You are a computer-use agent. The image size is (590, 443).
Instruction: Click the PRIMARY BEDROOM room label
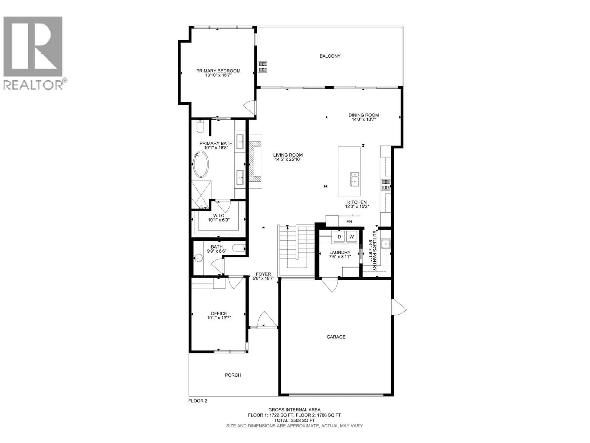[x=218, y=71]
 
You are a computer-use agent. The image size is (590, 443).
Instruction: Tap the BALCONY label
[x=330, y=56]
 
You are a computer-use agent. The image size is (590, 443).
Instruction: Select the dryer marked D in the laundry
[x=339, y=237]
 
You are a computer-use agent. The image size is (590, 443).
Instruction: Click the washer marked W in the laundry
[x=352, y=237]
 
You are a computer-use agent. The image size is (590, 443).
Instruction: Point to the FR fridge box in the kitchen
[x=349, y=221]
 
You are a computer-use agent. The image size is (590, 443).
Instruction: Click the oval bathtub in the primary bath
[x=201, y=164]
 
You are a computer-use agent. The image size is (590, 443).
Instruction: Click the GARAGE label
[x=336, y=337]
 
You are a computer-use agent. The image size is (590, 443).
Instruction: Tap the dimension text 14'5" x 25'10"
[x=288, y=159]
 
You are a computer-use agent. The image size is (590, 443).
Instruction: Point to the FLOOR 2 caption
[x=198, y=408]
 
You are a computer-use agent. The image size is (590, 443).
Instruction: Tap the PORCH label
[x=233, y=375]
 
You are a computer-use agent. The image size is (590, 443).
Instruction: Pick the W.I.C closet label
[x=218, y=216]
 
